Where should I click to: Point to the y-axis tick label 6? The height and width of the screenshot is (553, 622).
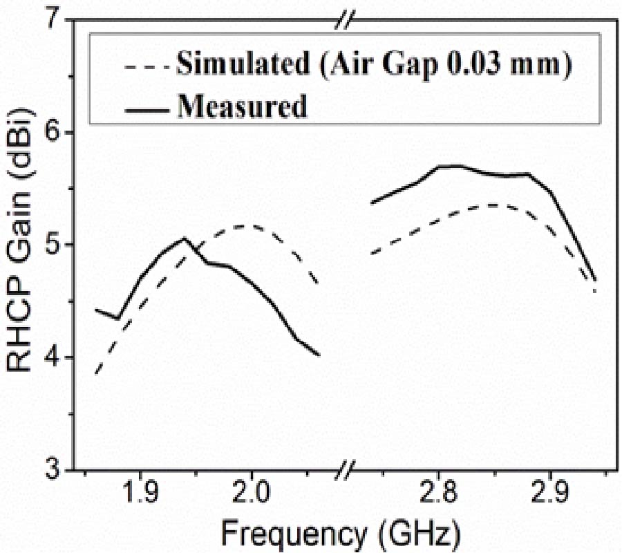(55, 132)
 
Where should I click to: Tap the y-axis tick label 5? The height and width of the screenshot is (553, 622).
(55, 245)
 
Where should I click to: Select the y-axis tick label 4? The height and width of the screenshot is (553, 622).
(55, 357)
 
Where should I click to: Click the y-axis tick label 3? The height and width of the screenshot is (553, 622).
(55, 470)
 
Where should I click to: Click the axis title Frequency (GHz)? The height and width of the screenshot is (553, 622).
(340, 534)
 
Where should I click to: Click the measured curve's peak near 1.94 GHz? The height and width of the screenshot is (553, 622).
(185, 238)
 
